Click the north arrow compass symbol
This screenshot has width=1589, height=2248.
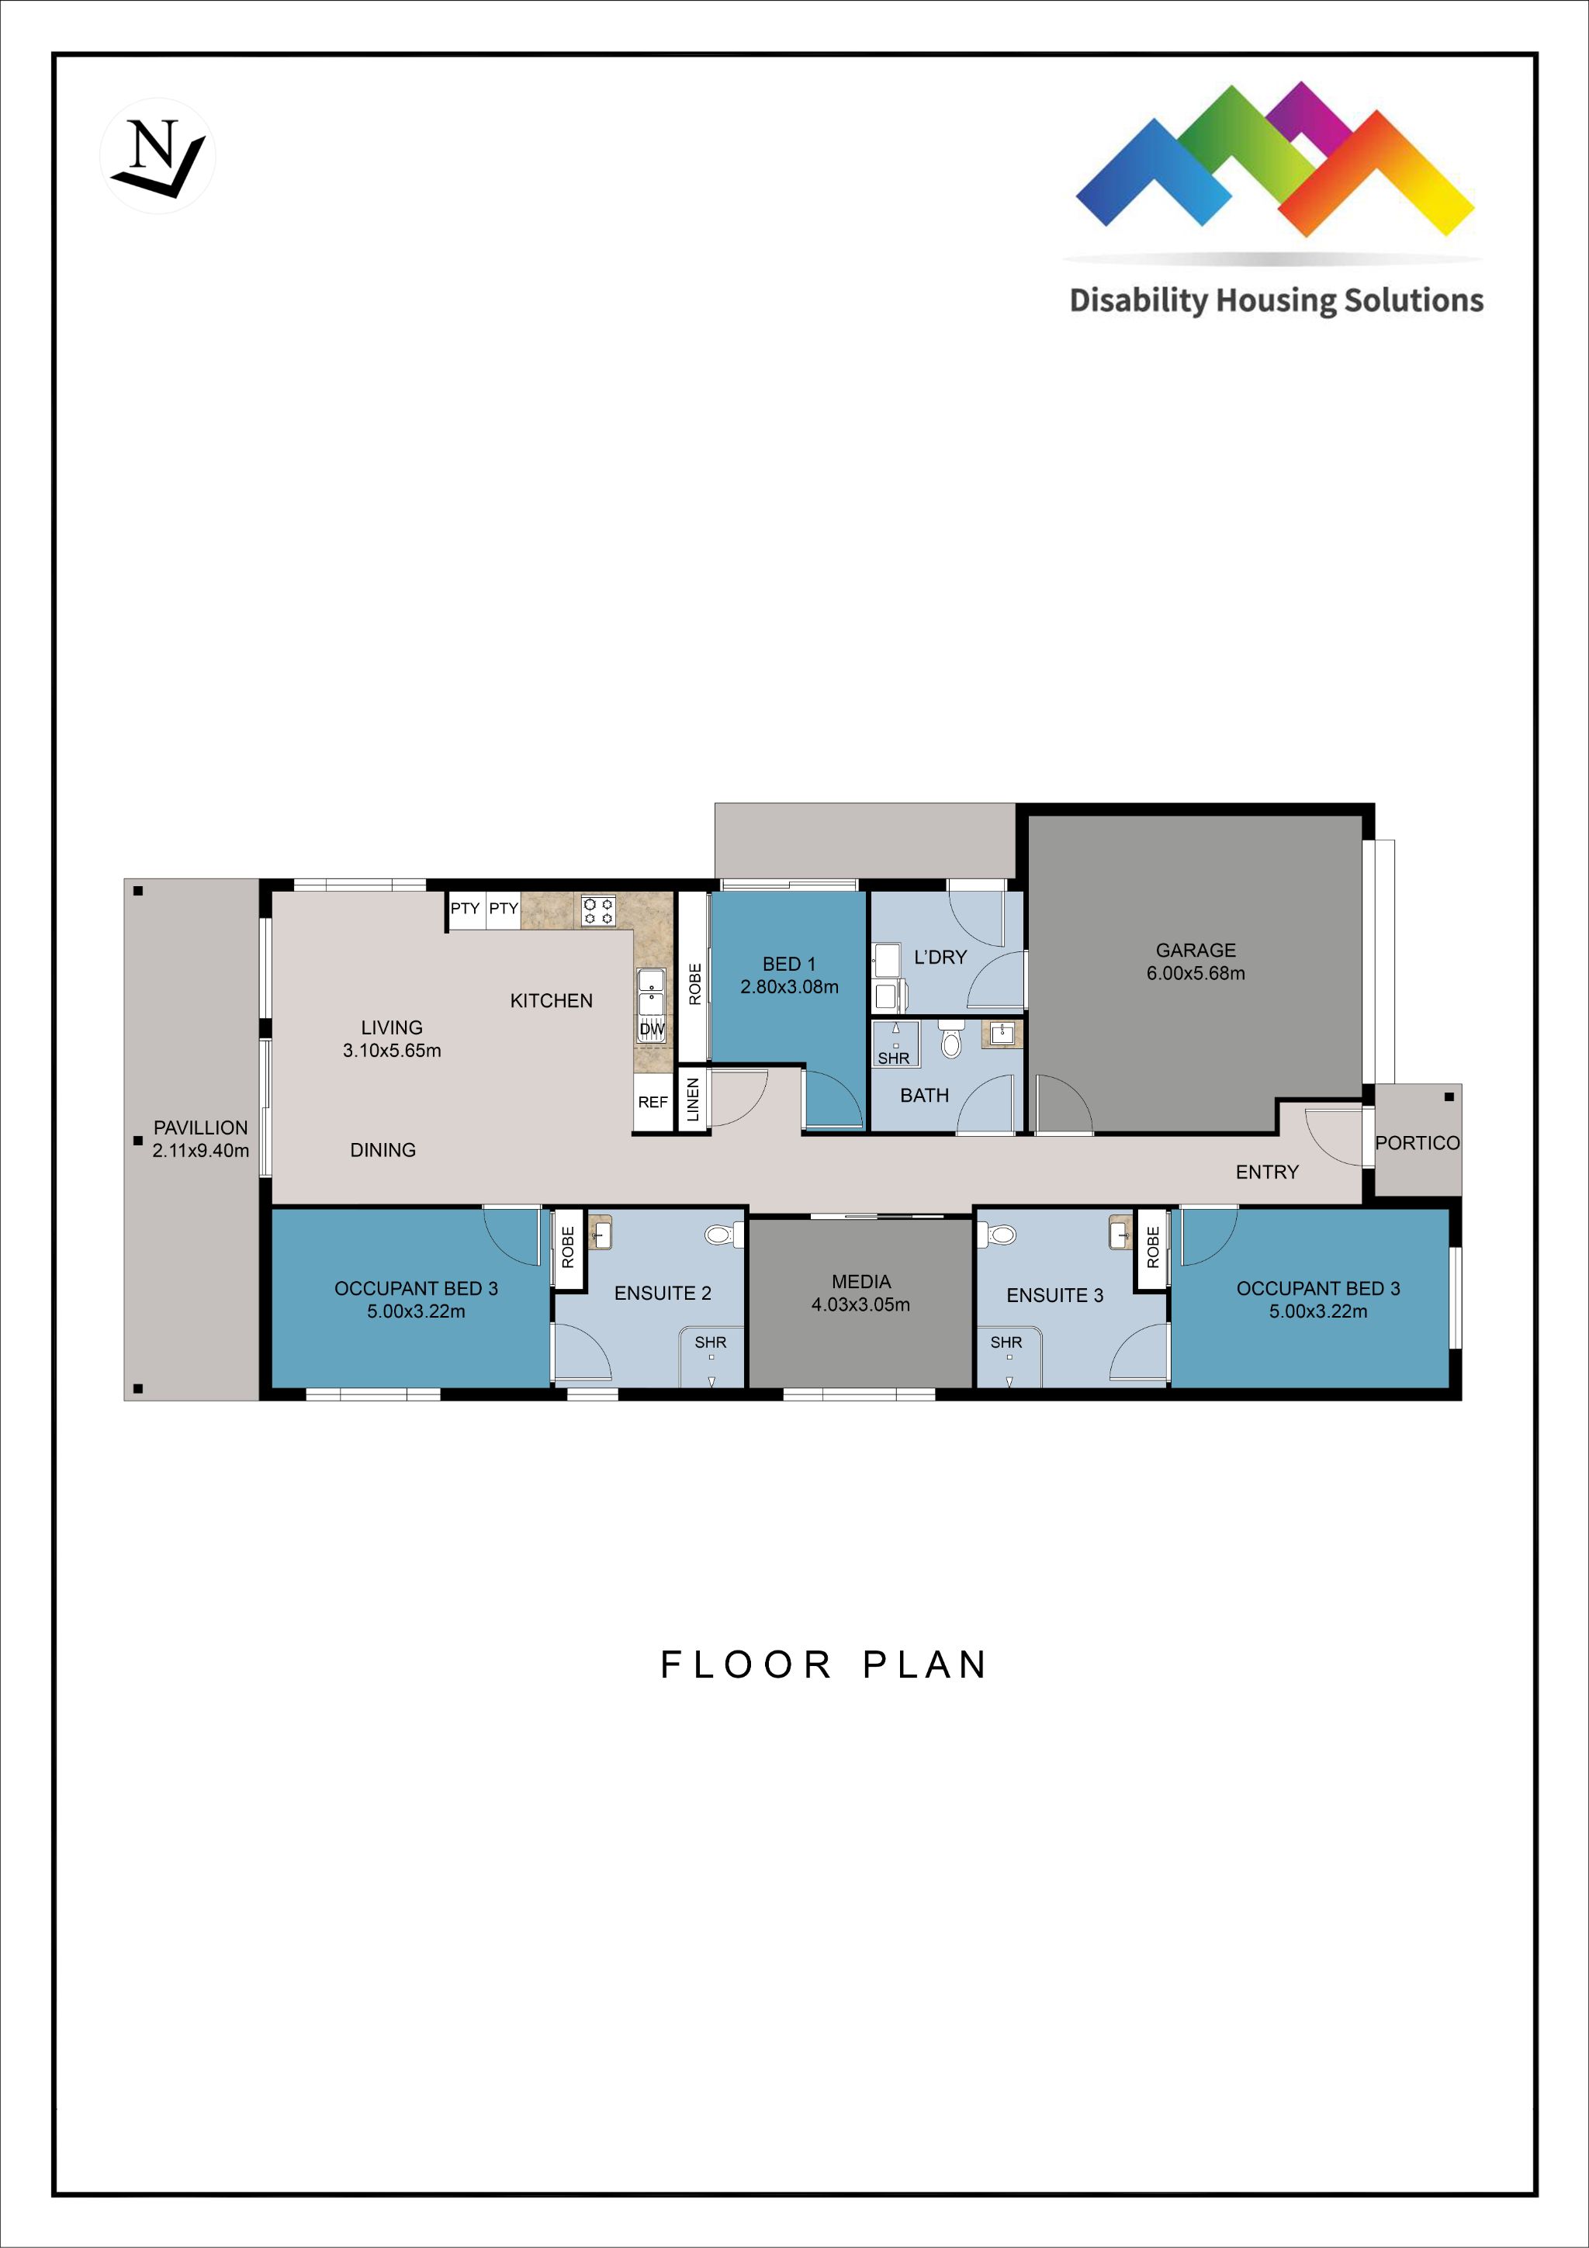point(158,157)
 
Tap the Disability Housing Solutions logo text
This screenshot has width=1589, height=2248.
point(1276,300)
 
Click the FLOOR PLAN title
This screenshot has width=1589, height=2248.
point(823,1664)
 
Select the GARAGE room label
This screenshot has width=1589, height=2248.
point(1196,961)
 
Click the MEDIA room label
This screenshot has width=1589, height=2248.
point(860,1293)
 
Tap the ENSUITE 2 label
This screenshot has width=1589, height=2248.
point(663,1294)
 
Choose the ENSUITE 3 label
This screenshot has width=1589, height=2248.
point(1054,1295)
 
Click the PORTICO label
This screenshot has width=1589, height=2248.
point(1418,1142)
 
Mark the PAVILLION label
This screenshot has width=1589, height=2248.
point(201,1138)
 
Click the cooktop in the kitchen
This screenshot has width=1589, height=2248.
point(598,910)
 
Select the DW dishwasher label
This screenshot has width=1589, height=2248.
point(652,1029)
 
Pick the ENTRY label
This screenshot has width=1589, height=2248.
point(1267,1172)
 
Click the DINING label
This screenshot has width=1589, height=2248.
point(383,1151)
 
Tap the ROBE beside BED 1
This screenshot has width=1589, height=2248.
point(694,984)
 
